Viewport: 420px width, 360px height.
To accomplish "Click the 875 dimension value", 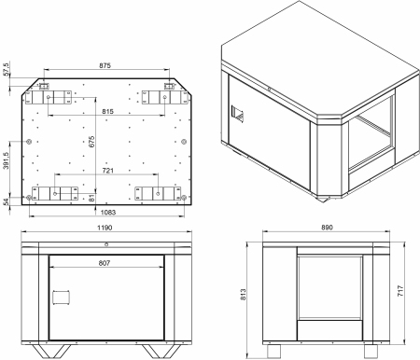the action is point(105,65).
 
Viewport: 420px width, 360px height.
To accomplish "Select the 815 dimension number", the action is point(107,111).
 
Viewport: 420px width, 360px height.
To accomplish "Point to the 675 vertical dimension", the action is point(91,142).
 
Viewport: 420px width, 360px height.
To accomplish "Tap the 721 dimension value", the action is point(108,171).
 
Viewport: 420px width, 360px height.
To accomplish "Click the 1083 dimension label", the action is point(108,212).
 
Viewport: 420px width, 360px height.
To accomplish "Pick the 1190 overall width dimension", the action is point(105,228).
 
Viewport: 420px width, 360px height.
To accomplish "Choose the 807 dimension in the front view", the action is point(105,263).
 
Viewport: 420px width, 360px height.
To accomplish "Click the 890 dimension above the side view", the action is point(327,228).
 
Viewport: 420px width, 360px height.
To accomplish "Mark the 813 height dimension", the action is point(243,295).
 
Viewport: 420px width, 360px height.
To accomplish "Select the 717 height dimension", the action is point(400,291).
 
